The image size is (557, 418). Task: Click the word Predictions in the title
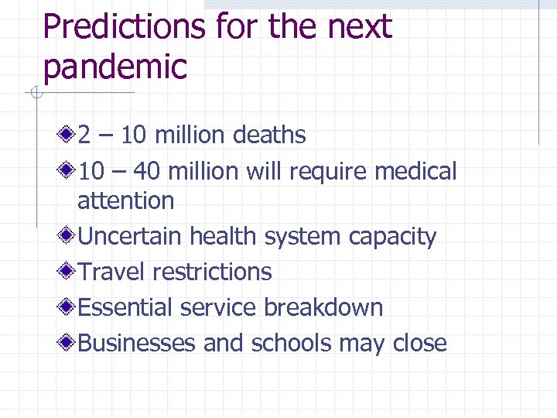124,28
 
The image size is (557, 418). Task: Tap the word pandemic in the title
114,67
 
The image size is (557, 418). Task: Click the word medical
415,170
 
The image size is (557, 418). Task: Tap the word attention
125,200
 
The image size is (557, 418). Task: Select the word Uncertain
130,236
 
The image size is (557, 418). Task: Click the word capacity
392,237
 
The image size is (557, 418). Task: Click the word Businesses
136,343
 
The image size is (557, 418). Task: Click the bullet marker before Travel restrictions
68,272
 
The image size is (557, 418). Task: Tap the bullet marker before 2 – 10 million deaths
68,135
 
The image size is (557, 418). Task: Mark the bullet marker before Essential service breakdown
68,307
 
